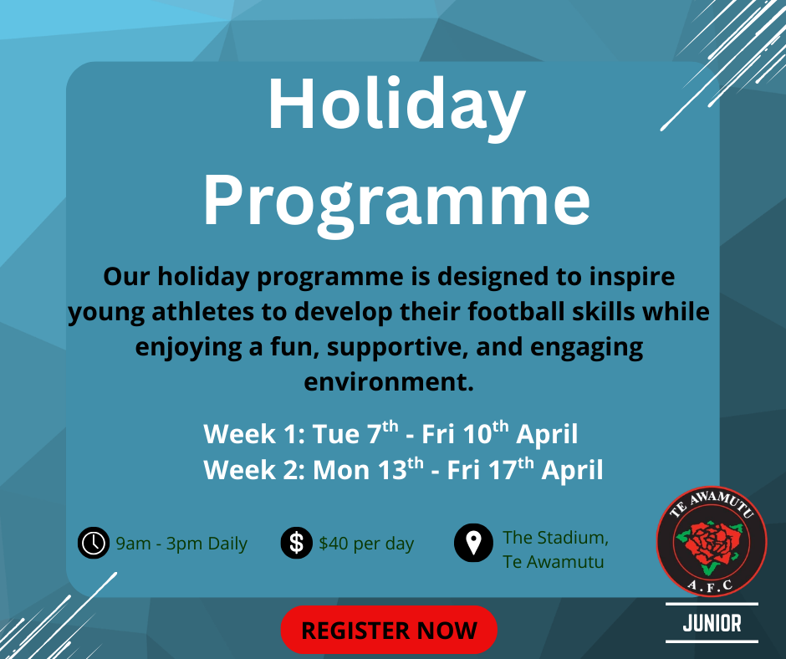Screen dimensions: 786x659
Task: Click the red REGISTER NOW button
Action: (389, 630)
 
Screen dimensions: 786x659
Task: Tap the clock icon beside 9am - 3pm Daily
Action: (94, 543)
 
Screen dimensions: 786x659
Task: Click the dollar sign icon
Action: (297, 543)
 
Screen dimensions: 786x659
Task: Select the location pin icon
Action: (474, 543)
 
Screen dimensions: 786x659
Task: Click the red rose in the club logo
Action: (709, 545)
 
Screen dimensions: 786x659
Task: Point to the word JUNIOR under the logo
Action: (712, 623)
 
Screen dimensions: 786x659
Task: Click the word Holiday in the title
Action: (397, 105)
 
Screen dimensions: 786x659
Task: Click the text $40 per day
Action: (366, 544)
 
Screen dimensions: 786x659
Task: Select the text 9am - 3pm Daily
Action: (181, 544)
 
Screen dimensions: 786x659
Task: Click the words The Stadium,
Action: (555, 538)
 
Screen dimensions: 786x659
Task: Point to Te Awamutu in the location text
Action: (554, 562)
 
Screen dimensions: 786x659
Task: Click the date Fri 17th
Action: (490, 469)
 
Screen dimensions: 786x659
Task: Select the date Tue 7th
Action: (355, 433)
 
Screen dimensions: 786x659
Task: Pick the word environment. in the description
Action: (389, 381)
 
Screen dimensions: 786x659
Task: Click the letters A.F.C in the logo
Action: (710, 585)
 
